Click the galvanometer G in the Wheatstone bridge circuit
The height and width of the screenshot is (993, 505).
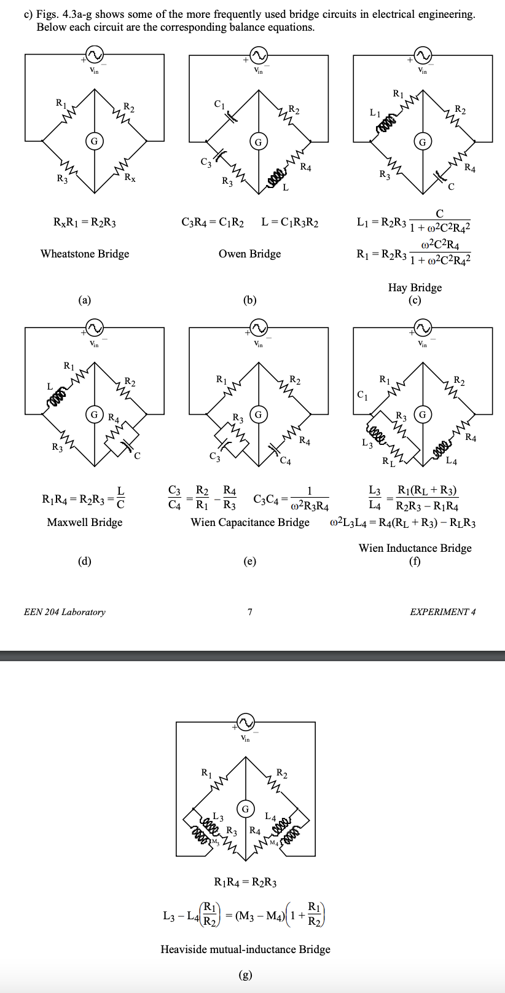pyautogui.click(x=94, y=141)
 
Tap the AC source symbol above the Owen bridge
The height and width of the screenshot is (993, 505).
pyautogui.click(x=258, y=56)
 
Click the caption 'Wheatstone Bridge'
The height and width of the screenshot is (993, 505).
pyautogui.click(x=85, y=254)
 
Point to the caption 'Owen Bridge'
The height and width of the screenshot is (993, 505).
pyautogui.click(x=249, y=254)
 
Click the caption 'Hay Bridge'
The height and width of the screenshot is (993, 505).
pyautogui.click(x=415, y=288)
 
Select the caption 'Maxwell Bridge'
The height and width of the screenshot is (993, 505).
pyautogui.click(x=85, y=522)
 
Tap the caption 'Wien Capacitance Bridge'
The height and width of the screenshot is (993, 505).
pyautogui.click(x=250, y=522)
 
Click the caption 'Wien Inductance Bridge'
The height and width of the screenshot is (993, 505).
pyautogui.click(x=415, y=548)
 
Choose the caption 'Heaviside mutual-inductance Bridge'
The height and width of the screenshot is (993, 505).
pyautogui.click(x=245, y=949)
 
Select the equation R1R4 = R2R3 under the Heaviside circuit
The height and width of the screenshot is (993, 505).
pyautogui.click(x=245, y=883)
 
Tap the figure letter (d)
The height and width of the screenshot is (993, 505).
pyautogui.click(x=85, y=560)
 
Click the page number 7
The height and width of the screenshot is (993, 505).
pyautogui.click(x=250, y=612)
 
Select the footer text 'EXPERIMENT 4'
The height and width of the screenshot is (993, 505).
pyautogui.click(x=442, y=612)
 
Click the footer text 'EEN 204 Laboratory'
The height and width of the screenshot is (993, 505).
pyautogui.click(x=65, y=612)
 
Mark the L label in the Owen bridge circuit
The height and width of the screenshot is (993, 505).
pyautogui.click(x=286, y=187)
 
